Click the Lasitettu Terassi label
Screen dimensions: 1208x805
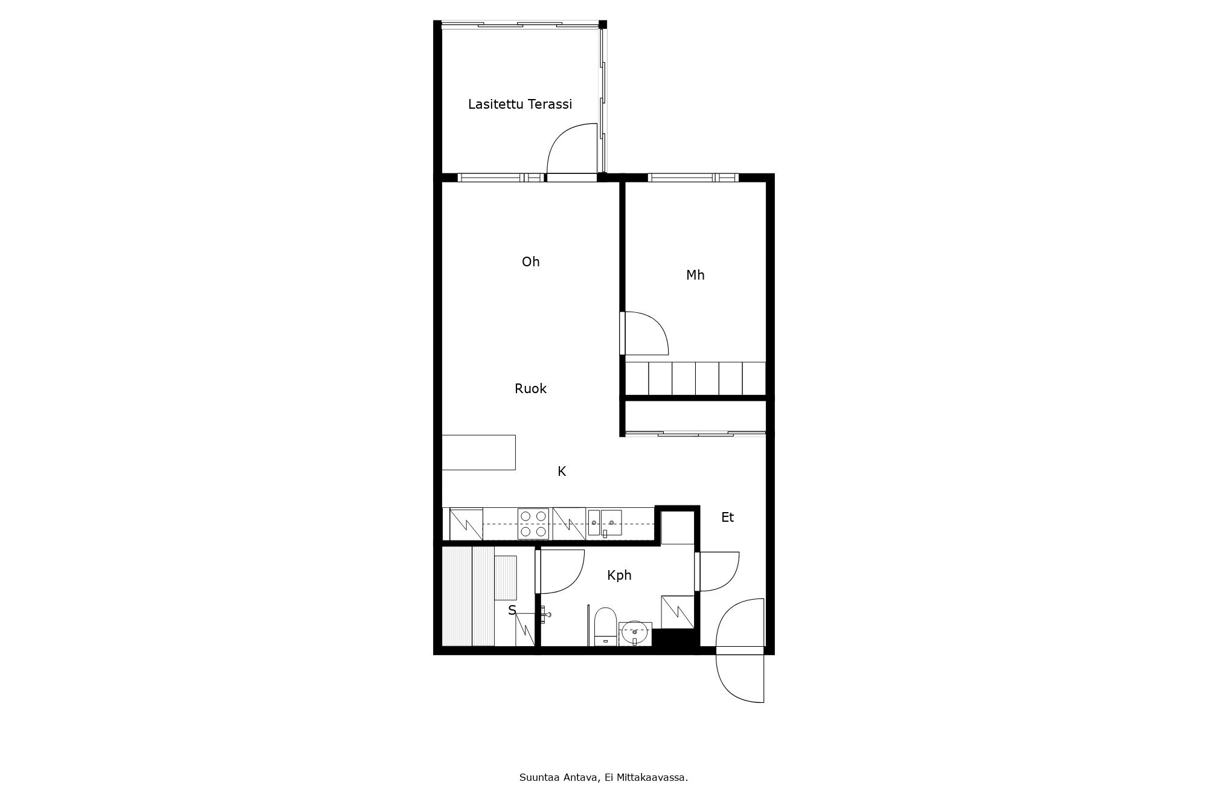[520, 104]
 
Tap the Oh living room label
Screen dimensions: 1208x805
[531, 261]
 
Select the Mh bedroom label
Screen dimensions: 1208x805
[695, 275]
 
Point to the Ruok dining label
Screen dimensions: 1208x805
[530, 389]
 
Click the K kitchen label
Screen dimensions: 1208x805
[562, 472]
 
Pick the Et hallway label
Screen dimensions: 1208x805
[728, 518]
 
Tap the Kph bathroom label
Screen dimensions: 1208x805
[619, 576]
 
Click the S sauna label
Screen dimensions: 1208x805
[512, 611]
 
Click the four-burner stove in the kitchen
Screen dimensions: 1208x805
[533, 524]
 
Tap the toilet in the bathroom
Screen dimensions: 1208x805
[605, 626]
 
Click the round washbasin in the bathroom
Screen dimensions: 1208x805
[635, 633]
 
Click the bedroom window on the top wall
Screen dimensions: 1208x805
[693, 178]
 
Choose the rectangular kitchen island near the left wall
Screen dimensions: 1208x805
[479, 452]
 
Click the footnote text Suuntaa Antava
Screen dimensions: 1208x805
[559, 778]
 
